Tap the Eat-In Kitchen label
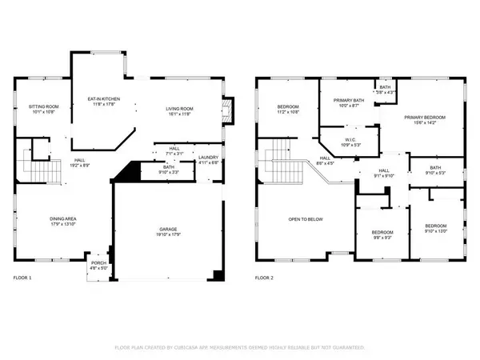(x=103, y=101)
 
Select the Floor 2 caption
(x=266, y=278)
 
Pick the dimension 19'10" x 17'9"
(x=170, y=234)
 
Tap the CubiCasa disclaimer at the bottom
(x=240, y=348)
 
